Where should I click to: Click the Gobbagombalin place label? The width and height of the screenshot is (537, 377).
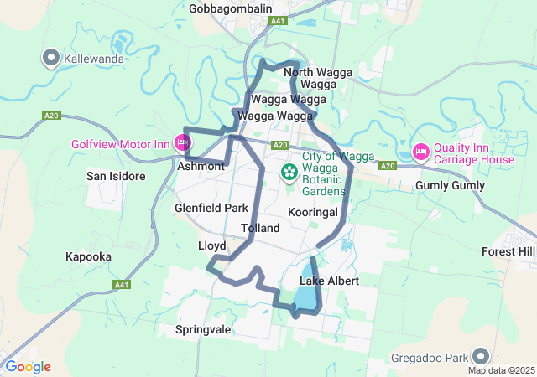[x=231, y=8]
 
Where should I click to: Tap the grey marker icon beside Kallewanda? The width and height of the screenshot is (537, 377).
[x=50, y=59]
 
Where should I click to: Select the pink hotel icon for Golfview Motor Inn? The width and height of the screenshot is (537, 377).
[x=182, y=142]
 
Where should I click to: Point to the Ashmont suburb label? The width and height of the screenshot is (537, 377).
[x=201, y=167]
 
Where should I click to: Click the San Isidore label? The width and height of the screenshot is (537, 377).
[x=116, y=177]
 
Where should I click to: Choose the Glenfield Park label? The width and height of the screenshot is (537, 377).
[x=211, y=208]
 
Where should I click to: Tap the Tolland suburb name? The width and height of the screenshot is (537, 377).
[x=259, y=228]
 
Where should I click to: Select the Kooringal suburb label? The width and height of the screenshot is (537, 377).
[x=312, y=213]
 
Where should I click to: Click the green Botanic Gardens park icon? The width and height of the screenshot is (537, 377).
[x=289, y=173]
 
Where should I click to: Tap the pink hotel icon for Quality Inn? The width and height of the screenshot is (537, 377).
[x=421, y=152]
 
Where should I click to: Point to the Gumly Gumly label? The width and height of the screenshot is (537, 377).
[x=451, y=186]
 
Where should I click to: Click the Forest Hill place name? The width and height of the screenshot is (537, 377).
[x=508, y=251]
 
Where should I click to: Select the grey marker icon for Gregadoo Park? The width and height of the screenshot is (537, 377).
[x=481, y=355]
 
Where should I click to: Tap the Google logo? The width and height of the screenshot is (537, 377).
[x=28, y=367]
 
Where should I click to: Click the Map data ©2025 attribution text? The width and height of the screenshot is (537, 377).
[x=501, y=370]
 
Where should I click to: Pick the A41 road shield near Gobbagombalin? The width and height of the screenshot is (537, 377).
[x=279, y=20]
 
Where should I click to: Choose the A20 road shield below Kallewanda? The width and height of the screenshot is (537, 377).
[x=51, y=116]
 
